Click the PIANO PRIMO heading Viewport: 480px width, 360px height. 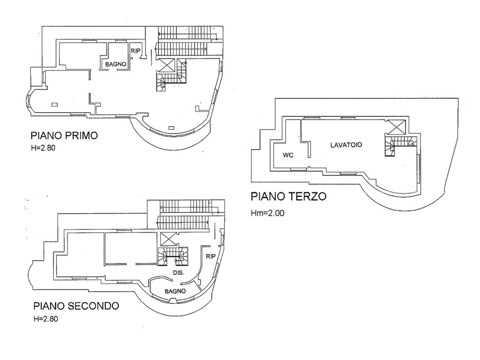coord(64,136)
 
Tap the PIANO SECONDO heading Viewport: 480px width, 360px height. coord(76,306)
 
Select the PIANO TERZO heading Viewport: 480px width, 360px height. coord(289,196)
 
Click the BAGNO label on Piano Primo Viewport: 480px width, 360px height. coord(116,64)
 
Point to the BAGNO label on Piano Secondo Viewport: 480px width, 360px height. coord(175,291)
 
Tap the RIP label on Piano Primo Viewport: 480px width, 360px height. coord(135,51)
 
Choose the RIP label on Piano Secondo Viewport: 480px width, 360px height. coord(210,256)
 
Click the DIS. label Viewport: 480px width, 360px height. coord(178,273)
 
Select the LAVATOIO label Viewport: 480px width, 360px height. coord(346,145)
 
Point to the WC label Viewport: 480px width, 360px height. coord(288,155)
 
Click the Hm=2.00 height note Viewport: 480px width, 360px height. coord(268,213)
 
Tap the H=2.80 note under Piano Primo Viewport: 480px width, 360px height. coord(43,148)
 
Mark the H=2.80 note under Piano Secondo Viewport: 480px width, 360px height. coord(46,319)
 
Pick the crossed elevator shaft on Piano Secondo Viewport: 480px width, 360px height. coord(168,239)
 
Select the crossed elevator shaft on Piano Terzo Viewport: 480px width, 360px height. coord(397,127)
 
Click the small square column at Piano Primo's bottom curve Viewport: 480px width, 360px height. coord(171,127)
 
